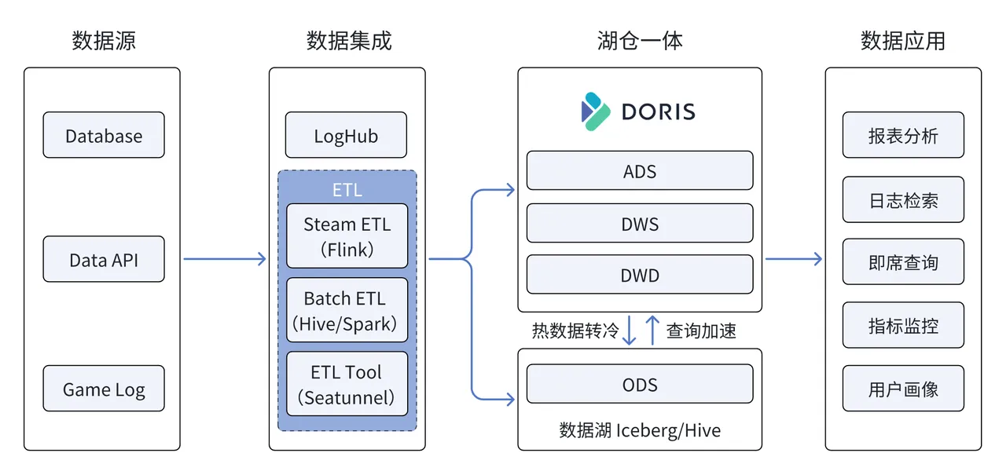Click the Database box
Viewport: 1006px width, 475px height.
point(104,135)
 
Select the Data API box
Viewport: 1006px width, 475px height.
point(104,259)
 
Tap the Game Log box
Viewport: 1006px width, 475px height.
point(104,389)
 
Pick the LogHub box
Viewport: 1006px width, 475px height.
point(346,135)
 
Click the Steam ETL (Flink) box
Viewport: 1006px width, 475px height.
point(347,236)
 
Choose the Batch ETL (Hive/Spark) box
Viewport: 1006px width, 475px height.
point(347,310)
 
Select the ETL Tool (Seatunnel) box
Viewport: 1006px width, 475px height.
point(347,384)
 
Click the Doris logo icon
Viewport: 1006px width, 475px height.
point(595,111)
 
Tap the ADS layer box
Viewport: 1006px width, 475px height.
point(639,171)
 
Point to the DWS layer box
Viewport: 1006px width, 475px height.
point(639,224)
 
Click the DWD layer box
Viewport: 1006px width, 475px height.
point(639,276)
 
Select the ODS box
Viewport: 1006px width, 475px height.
point(639,385)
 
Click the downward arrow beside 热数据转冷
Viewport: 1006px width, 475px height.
point(629,331)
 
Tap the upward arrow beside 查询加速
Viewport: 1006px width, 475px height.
point(652,331)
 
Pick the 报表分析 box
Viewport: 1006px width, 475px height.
point(903,135)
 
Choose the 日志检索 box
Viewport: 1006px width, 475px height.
point(903,199)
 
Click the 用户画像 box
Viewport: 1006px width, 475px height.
point(903,389)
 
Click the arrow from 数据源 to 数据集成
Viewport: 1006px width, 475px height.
point(224,259)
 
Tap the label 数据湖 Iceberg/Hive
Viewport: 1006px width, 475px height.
point(639,430)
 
